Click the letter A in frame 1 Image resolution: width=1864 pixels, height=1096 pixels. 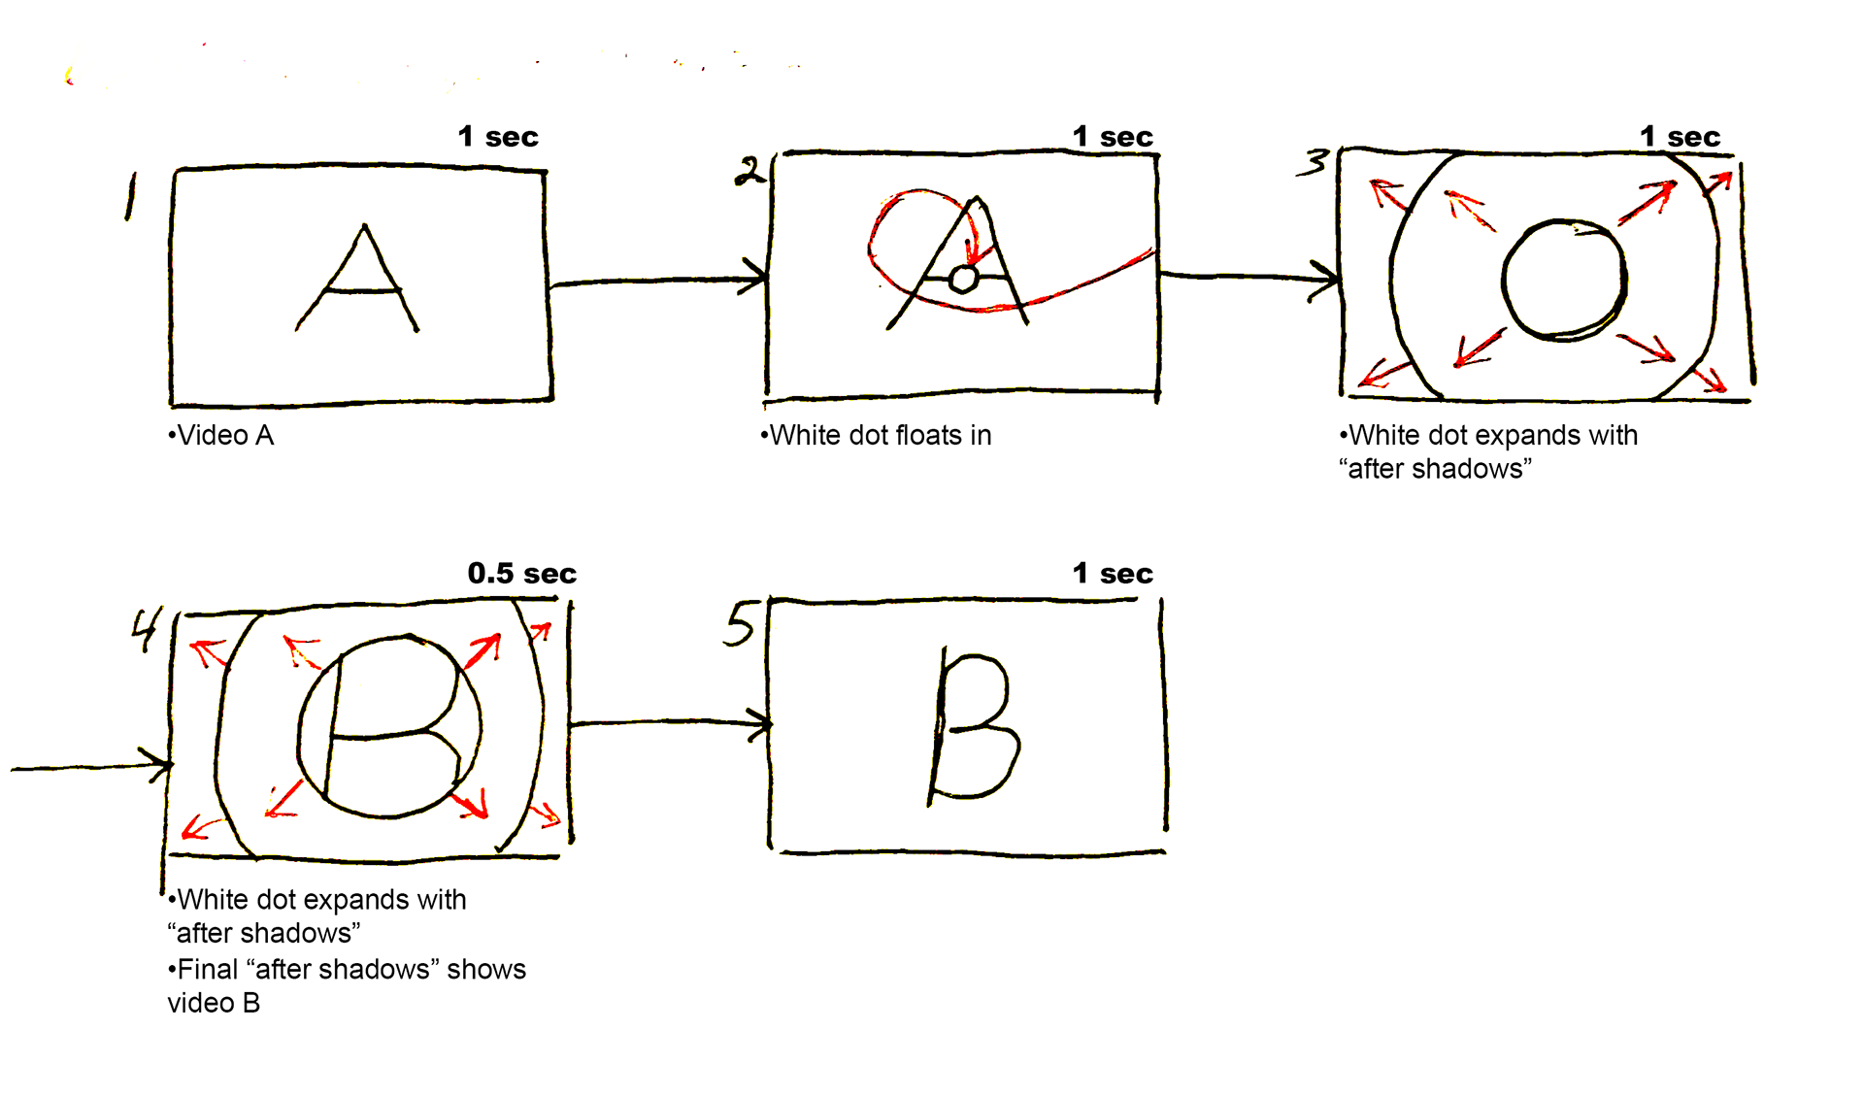point(359,282)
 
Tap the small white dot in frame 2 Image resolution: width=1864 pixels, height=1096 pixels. point(963,280)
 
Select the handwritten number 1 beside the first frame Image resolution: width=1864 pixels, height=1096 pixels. point(130,196)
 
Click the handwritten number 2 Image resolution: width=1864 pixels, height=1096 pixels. point(749,172)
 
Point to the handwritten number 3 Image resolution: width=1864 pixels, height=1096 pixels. point(1314,161)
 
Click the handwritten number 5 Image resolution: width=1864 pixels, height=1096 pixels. point(740,623)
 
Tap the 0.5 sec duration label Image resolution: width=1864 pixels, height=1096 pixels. point(521,574)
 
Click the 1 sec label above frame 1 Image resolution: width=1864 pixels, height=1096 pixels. point(497,137)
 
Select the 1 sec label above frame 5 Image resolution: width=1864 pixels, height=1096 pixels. point(1113,574)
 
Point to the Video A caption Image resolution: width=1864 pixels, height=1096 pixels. point(221,436)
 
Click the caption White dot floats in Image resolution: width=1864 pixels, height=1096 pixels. point(876,436)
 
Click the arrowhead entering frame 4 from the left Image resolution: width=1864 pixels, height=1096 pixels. point(158,764)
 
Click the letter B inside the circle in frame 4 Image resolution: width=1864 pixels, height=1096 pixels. point(388,726)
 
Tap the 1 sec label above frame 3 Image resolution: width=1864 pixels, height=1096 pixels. point(1680,137)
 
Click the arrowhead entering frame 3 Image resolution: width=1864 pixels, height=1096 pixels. point(1326,279)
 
